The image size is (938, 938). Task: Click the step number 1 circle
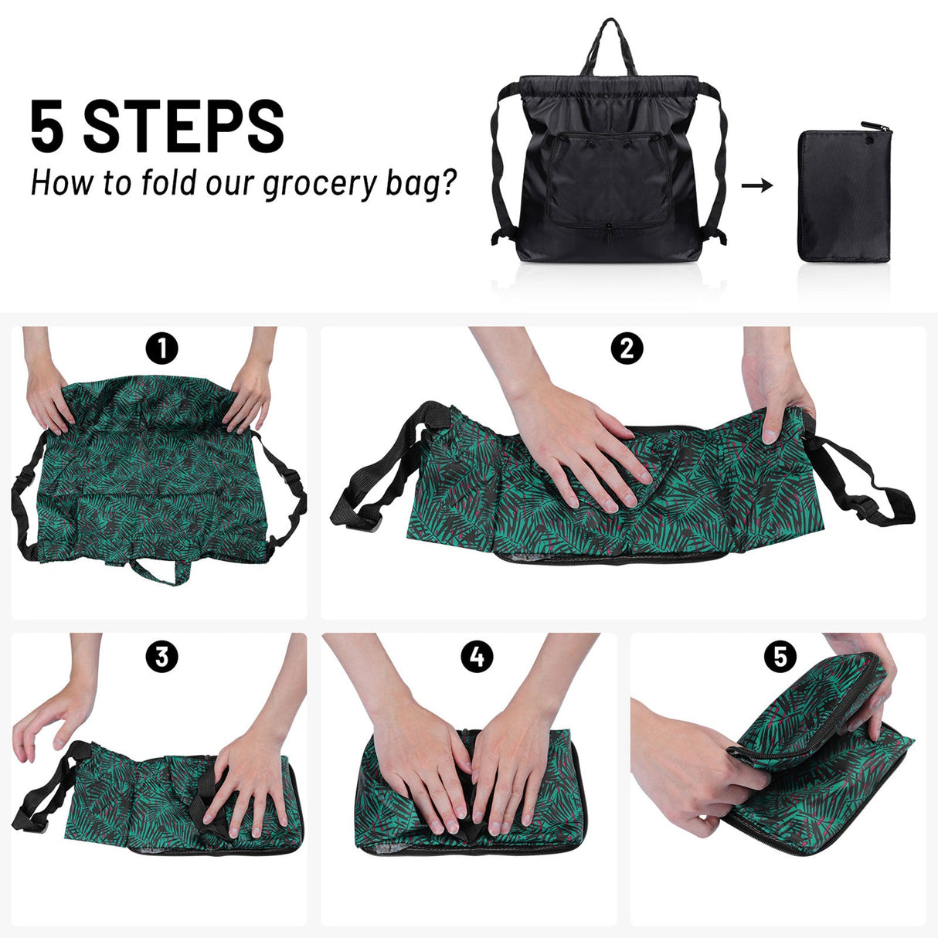point(161,349)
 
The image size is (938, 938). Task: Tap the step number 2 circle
point(626,349)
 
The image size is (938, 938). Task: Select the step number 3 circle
point(161,657)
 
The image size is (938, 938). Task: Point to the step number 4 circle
point(477,657)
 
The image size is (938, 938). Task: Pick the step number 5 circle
point(780,657)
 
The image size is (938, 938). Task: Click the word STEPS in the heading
point(184,127)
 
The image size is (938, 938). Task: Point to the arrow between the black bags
point(756,185)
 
